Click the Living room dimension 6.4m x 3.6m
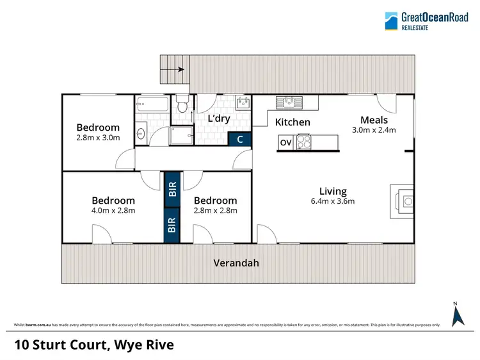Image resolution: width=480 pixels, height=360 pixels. [x=333, y=201]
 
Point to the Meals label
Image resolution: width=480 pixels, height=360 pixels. [x=374, y=120]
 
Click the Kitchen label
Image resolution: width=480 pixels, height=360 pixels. [x=292, y=122]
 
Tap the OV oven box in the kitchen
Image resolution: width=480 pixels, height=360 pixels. [x=285, y=143]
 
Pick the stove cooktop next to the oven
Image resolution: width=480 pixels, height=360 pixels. [x=303, y=143]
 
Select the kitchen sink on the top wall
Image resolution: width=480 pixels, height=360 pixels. [x=289, y=101]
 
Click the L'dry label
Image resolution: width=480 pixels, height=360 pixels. [x=220, y=119]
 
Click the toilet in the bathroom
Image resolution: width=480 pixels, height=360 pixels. [x=182, y=105]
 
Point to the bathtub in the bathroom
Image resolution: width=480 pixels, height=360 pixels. [x=152, y=104]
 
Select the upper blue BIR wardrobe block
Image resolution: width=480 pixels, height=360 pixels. [x=172, y=190]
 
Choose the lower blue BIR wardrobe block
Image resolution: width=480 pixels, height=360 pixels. [x=172, y=225]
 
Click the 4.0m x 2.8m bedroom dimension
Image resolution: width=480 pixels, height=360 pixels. [x=113, y=210]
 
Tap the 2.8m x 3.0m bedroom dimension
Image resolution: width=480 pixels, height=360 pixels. [x=98, y=137]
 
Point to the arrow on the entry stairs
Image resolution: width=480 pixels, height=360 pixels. [x=179, y=69]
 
